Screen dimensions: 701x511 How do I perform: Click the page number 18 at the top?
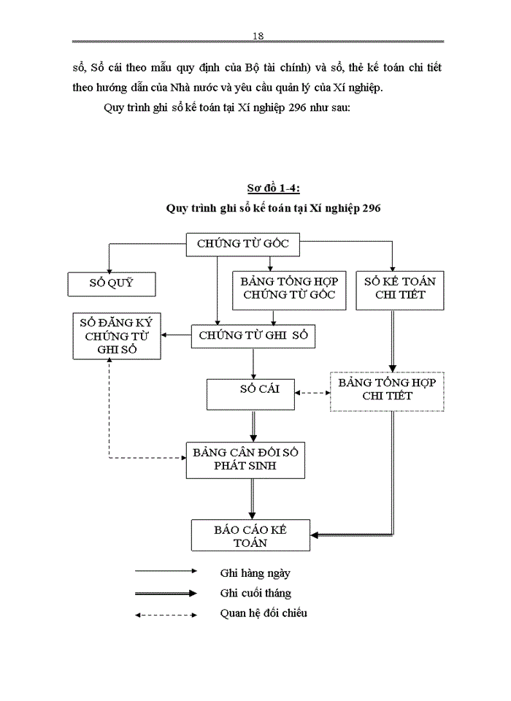tap(257, 36)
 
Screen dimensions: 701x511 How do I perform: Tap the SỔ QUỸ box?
tap(112, 283)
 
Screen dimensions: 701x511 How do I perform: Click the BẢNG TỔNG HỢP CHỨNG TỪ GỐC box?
tap(289, 289)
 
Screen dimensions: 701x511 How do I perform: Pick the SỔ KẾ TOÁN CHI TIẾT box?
tap(399, 289)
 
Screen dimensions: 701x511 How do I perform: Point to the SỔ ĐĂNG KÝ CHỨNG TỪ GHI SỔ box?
tap(118, 336)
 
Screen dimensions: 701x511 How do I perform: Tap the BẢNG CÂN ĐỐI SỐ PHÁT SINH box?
tap(245, 459)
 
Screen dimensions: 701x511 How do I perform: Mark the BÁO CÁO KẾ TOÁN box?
tap(250, 535)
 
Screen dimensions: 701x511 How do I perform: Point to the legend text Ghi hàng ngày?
tap(255, 573)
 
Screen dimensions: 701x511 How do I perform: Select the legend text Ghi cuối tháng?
tap(255, 593)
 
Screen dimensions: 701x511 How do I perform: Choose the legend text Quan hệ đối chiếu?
tap(264, 613)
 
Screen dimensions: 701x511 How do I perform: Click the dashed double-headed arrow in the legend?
tap(166, 614)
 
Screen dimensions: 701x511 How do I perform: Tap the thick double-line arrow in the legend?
tap(166, 594)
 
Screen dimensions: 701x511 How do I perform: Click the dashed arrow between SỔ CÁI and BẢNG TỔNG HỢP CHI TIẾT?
tap(313, 393)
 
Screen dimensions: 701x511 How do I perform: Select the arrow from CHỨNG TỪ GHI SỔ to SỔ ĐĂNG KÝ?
tap(177, 336)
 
